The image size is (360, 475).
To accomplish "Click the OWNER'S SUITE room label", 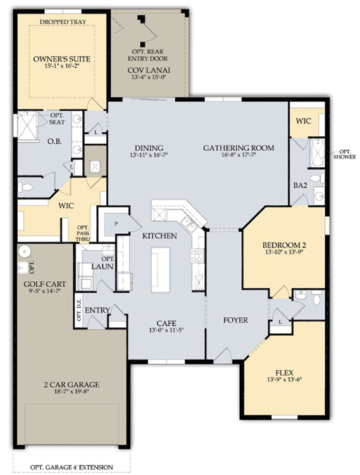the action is coord(62,59).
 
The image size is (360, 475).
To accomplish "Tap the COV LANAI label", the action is coord(149,70).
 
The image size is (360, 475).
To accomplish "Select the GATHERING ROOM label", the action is coord(239,148).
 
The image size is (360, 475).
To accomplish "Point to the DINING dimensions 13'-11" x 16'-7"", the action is coord(149,155).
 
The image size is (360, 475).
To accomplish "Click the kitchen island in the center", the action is coord(160,270).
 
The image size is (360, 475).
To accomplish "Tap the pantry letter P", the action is coord(116,224).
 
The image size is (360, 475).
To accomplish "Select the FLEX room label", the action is coord(284,373).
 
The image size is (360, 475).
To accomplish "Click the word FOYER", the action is coord(235,320).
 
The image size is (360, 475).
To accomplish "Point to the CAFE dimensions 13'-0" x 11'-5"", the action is coord(166,330).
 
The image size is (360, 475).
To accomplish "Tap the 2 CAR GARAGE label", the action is coord(71,384).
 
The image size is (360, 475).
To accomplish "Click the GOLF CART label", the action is coord(45,284).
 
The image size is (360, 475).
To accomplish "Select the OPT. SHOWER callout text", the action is coord(344,154).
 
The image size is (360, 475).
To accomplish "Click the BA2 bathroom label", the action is coord(300,186).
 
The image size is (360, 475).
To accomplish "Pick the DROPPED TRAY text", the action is coord(63,22).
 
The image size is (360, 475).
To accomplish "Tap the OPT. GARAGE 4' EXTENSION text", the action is coord(71,467).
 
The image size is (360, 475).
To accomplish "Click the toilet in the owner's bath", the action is coord(25,187).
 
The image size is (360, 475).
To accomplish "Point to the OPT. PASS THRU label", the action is coord(83,233).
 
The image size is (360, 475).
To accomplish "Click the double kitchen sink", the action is coord(188,224).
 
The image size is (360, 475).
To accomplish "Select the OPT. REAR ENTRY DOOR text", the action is coord(147,55).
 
